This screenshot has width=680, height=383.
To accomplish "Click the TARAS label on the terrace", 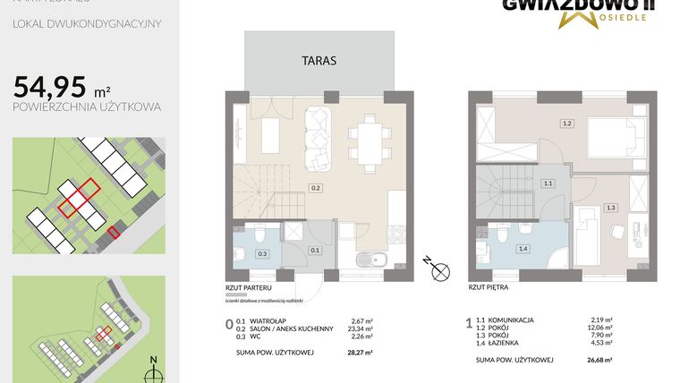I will click(319, 60).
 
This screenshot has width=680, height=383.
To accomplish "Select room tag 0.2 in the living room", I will click(315, 188).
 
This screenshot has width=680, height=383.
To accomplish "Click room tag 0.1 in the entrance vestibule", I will click(314, 251).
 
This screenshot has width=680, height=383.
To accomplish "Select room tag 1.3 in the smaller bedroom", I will click(611, 208).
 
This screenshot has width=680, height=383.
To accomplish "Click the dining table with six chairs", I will click(368, 140).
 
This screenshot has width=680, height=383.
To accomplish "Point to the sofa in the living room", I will click(318, 139).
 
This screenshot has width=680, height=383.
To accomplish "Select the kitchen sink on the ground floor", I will click(367, 261).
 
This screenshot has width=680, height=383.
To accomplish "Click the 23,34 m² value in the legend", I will click(361, 328).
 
